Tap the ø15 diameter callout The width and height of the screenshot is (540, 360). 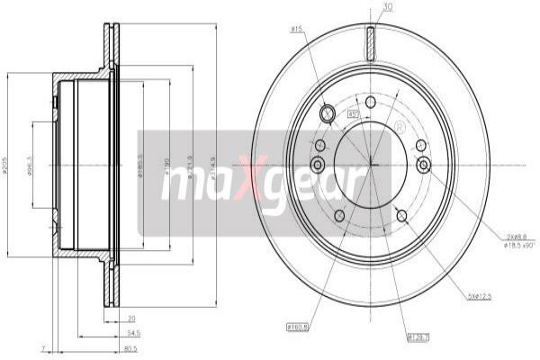point(294,30)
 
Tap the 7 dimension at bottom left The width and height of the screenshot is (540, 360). point(42,347)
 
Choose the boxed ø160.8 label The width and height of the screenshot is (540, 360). point(298,327)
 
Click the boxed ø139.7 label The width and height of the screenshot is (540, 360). point(418,337)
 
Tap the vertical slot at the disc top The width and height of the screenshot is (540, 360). point(370,42)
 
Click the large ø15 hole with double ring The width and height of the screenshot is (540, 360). point(328,113)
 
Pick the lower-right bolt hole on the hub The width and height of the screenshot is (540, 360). point(402,215)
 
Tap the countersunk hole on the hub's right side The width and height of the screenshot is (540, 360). point(423,164)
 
